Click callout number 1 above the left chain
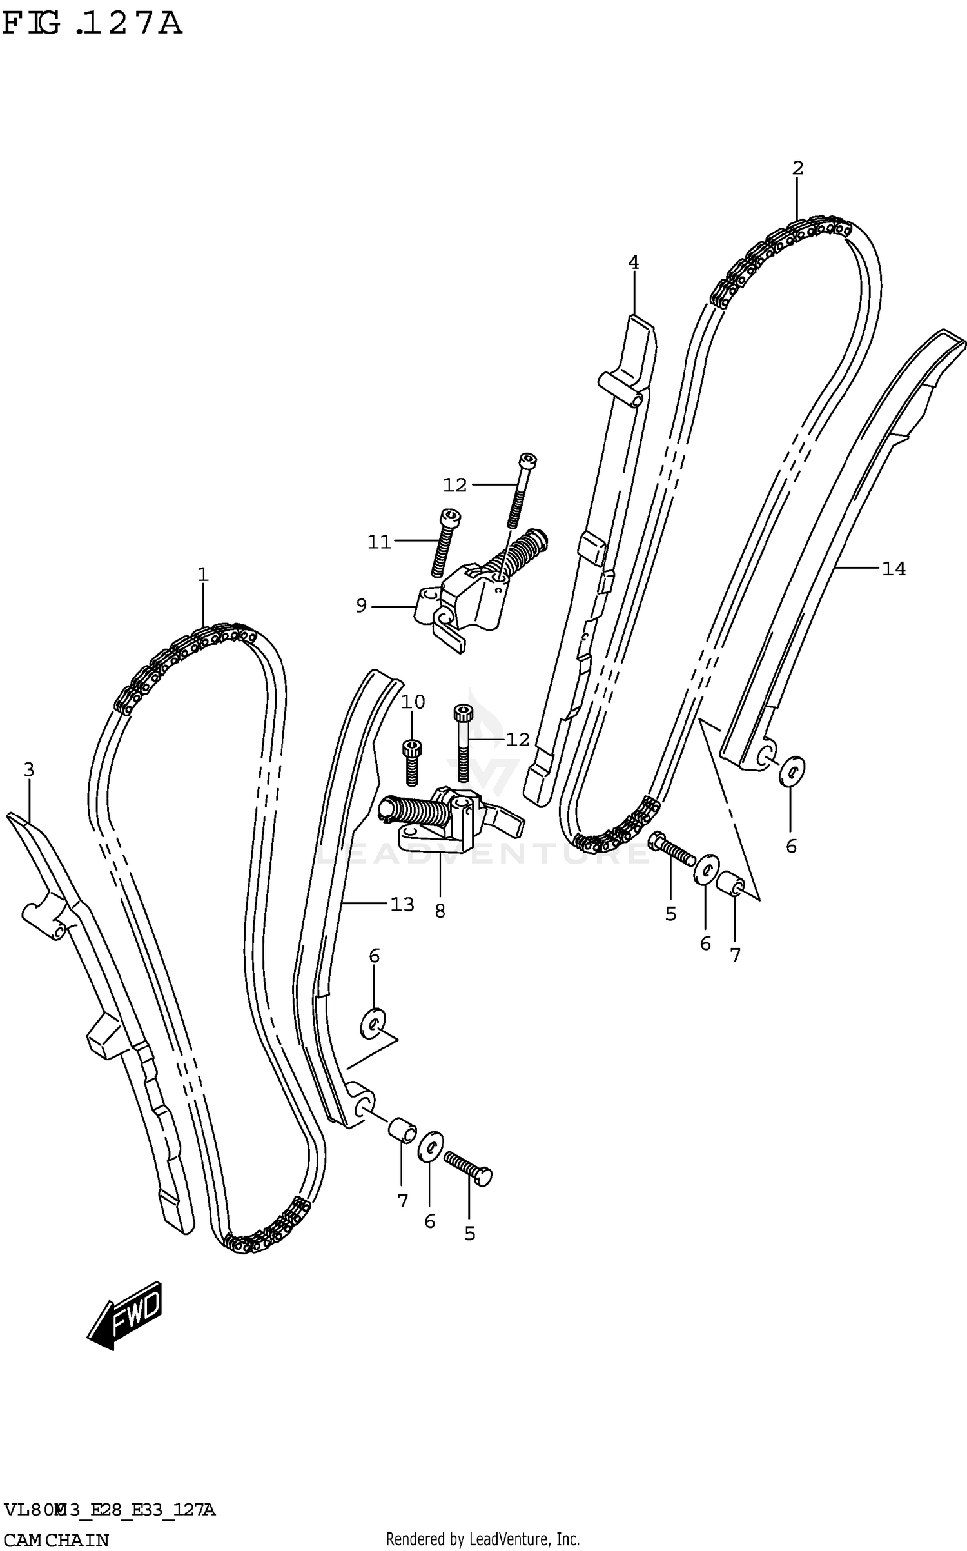[203, 574]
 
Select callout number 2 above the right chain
[797, 168]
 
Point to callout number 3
[29, 769]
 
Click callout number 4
[633, 262]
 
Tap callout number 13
[402, 905]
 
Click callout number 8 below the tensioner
[440, 911]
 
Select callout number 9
[361, 606]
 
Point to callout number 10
[413, 702]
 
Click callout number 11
[379, 542]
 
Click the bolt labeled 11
[445, 542]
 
